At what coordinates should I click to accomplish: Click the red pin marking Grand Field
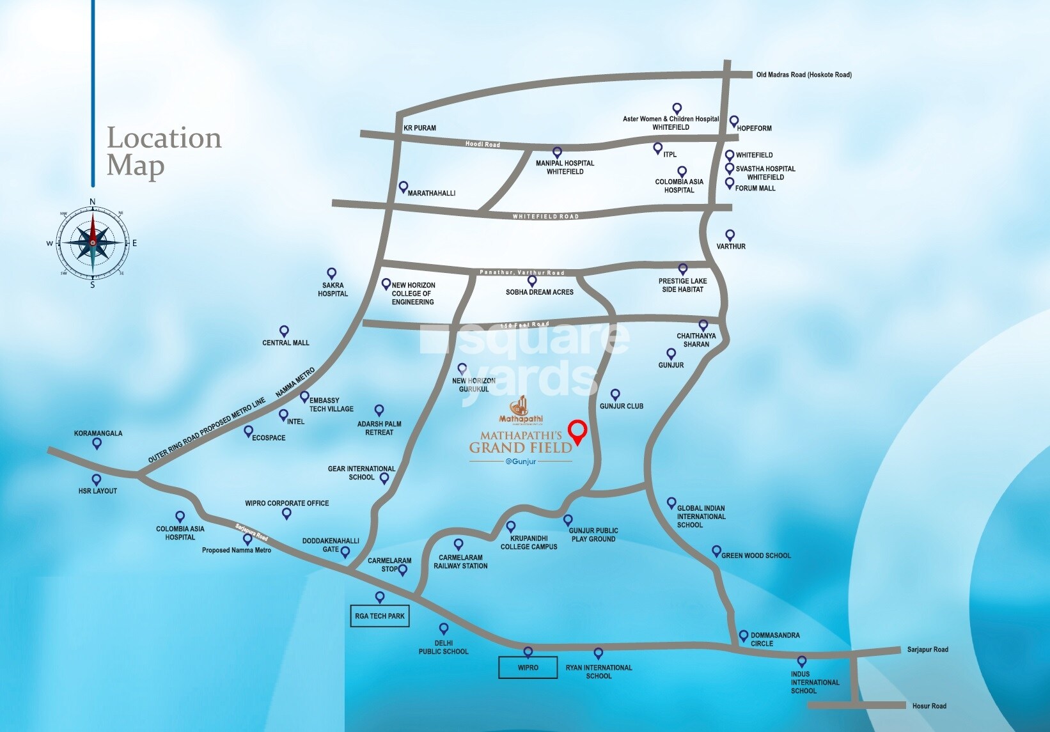pos(577,432)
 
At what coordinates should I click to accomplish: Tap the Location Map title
pos(164,152)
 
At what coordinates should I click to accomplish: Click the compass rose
pos(93,243)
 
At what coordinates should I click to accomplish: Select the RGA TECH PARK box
pos(380,616)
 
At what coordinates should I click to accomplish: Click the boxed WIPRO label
pos(528,667)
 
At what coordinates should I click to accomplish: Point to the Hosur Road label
pos(929,706)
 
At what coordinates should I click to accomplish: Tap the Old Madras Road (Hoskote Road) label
pos(804,75)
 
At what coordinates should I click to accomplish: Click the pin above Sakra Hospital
pos(331,274)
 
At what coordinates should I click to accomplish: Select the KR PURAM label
pos(419,128)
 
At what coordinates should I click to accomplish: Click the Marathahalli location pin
pos(403,187)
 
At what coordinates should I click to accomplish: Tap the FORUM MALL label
pos(755,188)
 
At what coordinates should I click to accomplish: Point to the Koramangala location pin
pos(97,443)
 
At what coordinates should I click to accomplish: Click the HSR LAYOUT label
pos(98,491)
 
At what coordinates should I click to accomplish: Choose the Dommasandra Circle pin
pos(743,635)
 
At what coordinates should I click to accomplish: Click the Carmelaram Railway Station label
pos(460,561)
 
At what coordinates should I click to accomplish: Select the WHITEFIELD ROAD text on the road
pos(545,217)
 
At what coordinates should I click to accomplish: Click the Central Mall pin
pos(284,331)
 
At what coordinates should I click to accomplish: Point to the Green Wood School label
pos(756,556)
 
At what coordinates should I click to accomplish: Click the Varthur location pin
pos(730,235)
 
